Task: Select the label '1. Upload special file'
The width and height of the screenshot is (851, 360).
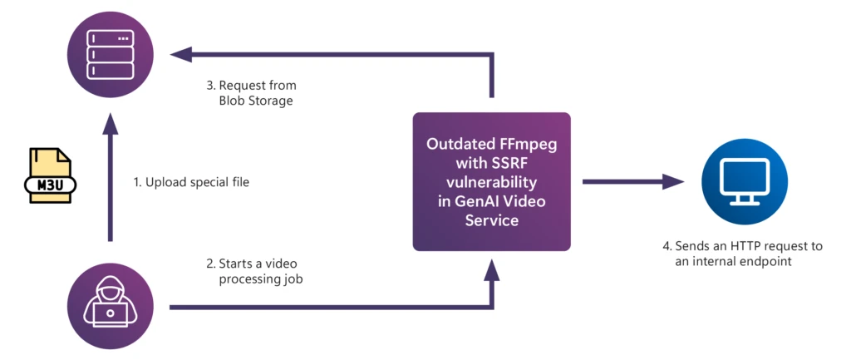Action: (x=191, y=181)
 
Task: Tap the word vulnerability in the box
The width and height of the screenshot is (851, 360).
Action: (x=492, y=182)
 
